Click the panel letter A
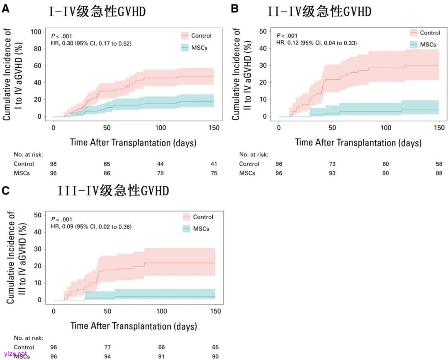6,9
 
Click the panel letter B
234,8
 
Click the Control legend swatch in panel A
185,36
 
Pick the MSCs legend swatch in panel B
414,44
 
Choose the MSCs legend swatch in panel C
186,229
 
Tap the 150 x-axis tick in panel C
215,311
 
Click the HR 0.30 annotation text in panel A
91,43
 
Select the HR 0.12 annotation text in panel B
317,43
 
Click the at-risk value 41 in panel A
214,164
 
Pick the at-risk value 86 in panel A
107,173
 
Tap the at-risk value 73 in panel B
332,164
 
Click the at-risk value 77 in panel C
107,347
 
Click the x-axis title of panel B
358,143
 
